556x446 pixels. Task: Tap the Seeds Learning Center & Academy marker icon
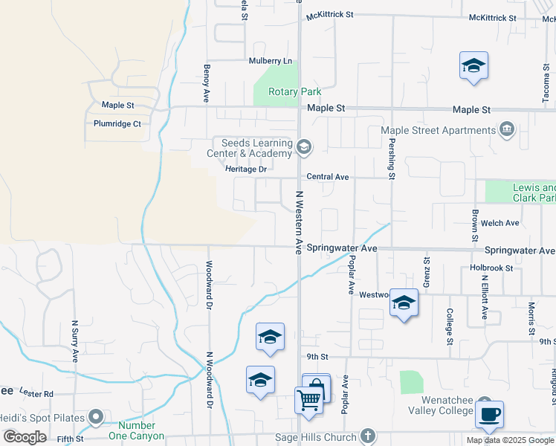click(303, 146)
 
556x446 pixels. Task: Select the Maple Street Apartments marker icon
click(507, 130)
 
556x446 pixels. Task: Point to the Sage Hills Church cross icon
click(367, 436)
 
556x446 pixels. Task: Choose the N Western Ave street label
click(299, 222)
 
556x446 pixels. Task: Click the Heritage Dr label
click(246, 169)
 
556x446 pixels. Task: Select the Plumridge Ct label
click(117, 123)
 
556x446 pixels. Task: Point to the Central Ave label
click(328, 177)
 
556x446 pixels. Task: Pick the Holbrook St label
click(491, 268)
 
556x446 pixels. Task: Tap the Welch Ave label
click(501, 223)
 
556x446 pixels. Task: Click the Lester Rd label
click(37, 393)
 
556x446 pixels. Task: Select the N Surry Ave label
click(75, 340)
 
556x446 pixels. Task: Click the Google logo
click(25, 437)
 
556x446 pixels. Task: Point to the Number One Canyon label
click(136, 431)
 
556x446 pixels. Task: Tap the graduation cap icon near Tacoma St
click(473, 65)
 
